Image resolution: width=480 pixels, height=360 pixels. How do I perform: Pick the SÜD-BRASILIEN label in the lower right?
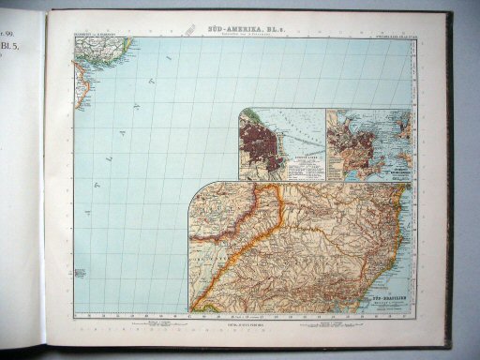384,293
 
